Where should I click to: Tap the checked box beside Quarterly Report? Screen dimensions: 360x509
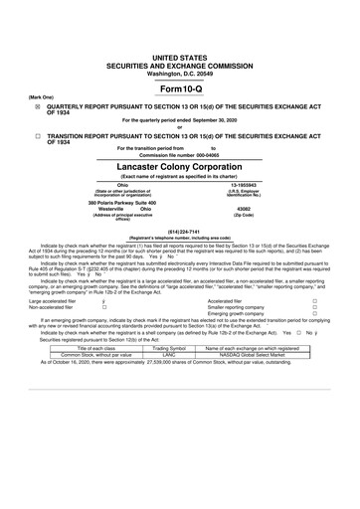pyautogui.click(x=37, y=102)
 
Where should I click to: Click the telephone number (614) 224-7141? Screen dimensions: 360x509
pyautogui.click(x=179, y=233)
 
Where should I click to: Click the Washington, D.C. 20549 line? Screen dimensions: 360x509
pyautogui.click(x=179, y=48)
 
